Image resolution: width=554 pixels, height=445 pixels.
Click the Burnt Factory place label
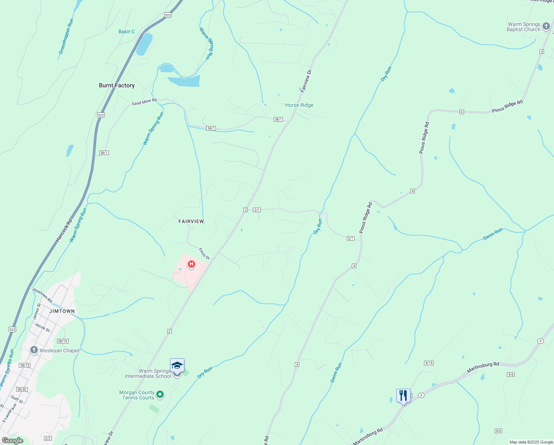pos(117,85)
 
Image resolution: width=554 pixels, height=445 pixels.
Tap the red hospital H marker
pos(191,264)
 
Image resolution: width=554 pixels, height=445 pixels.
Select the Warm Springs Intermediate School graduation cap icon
pos(177,366)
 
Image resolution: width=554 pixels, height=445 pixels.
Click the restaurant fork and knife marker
pos(403,395)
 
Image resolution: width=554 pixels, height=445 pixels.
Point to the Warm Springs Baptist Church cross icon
pos(546,26)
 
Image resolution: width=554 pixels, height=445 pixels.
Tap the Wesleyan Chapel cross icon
pos(34,350)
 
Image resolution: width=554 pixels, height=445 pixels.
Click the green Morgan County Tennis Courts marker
pos(160,395)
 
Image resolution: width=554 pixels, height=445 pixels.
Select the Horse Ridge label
pos(299,105)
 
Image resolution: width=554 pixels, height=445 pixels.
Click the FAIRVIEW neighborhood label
pos(191,221)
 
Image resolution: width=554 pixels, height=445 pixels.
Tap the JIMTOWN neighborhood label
pos(62,311)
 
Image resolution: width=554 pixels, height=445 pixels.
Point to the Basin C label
pos(127,32)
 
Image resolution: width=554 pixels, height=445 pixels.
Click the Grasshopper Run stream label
pos(66,37)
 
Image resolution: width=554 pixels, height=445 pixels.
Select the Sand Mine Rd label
pos(144,102)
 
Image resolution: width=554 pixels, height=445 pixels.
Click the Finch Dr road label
pos(204,254)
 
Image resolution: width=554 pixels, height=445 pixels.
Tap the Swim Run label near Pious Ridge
pos(493,234)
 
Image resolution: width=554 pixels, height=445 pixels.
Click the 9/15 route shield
pos(429,363)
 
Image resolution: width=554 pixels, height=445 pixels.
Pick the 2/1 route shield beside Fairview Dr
pos(257,210)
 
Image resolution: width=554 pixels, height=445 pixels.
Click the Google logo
pos(12,441)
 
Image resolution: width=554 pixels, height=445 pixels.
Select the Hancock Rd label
pos(64,231)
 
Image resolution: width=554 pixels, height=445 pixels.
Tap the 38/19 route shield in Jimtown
pos(63,341)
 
